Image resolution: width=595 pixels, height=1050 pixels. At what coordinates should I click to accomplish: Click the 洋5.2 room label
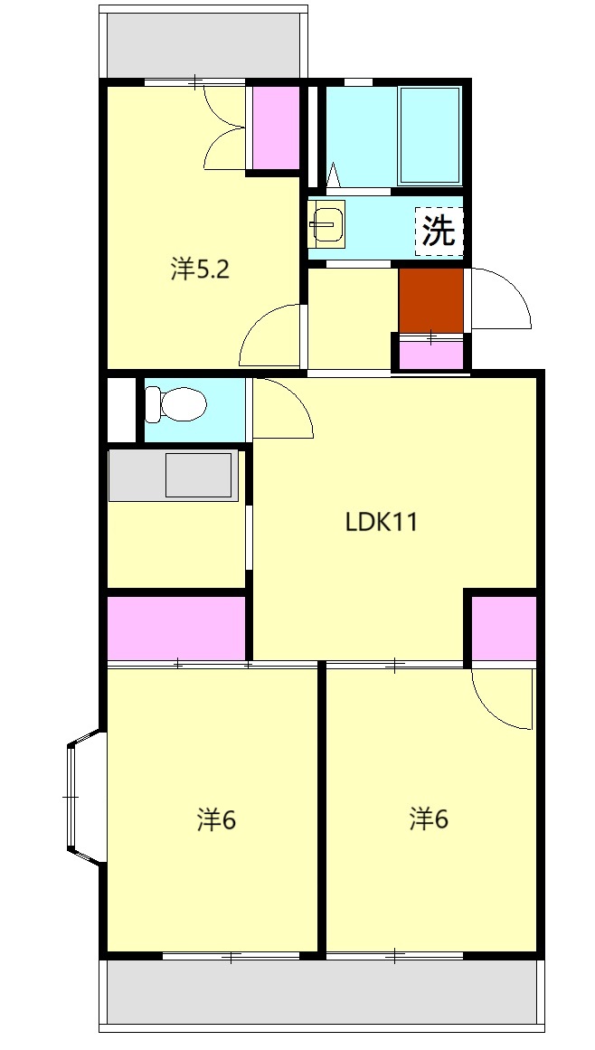click(200, 270)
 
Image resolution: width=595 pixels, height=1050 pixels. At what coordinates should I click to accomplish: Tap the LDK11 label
click(381, 522)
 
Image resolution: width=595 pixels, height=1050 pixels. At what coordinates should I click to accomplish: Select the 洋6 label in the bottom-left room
click(216, 819)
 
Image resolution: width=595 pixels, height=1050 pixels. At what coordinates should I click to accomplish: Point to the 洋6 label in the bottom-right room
click(429, 818)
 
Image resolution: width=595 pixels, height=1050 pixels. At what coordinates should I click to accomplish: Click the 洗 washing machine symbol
click(439, 231)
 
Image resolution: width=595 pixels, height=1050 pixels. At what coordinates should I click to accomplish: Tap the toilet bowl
click(176, 404)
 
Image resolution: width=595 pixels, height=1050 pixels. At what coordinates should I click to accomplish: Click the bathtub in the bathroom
click(430, 136)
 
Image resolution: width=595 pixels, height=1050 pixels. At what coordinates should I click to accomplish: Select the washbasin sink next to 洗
click(326, 223)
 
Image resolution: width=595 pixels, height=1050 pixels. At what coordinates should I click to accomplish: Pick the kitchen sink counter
click(174, 476)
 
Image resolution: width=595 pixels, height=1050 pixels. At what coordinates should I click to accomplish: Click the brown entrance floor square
click(431, 300)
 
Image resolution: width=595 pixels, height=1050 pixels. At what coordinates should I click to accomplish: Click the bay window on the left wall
click(85, 797)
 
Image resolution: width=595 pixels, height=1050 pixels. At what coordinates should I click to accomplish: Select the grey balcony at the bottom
click(321, 992)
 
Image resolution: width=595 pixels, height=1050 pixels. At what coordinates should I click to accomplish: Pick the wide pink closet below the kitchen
click(176, 629)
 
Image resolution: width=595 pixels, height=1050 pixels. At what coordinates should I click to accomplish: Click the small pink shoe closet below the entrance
click(431, 355)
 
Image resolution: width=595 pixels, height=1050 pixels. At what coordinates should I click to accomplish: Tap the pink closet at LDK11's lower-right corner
click(504, 629)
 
